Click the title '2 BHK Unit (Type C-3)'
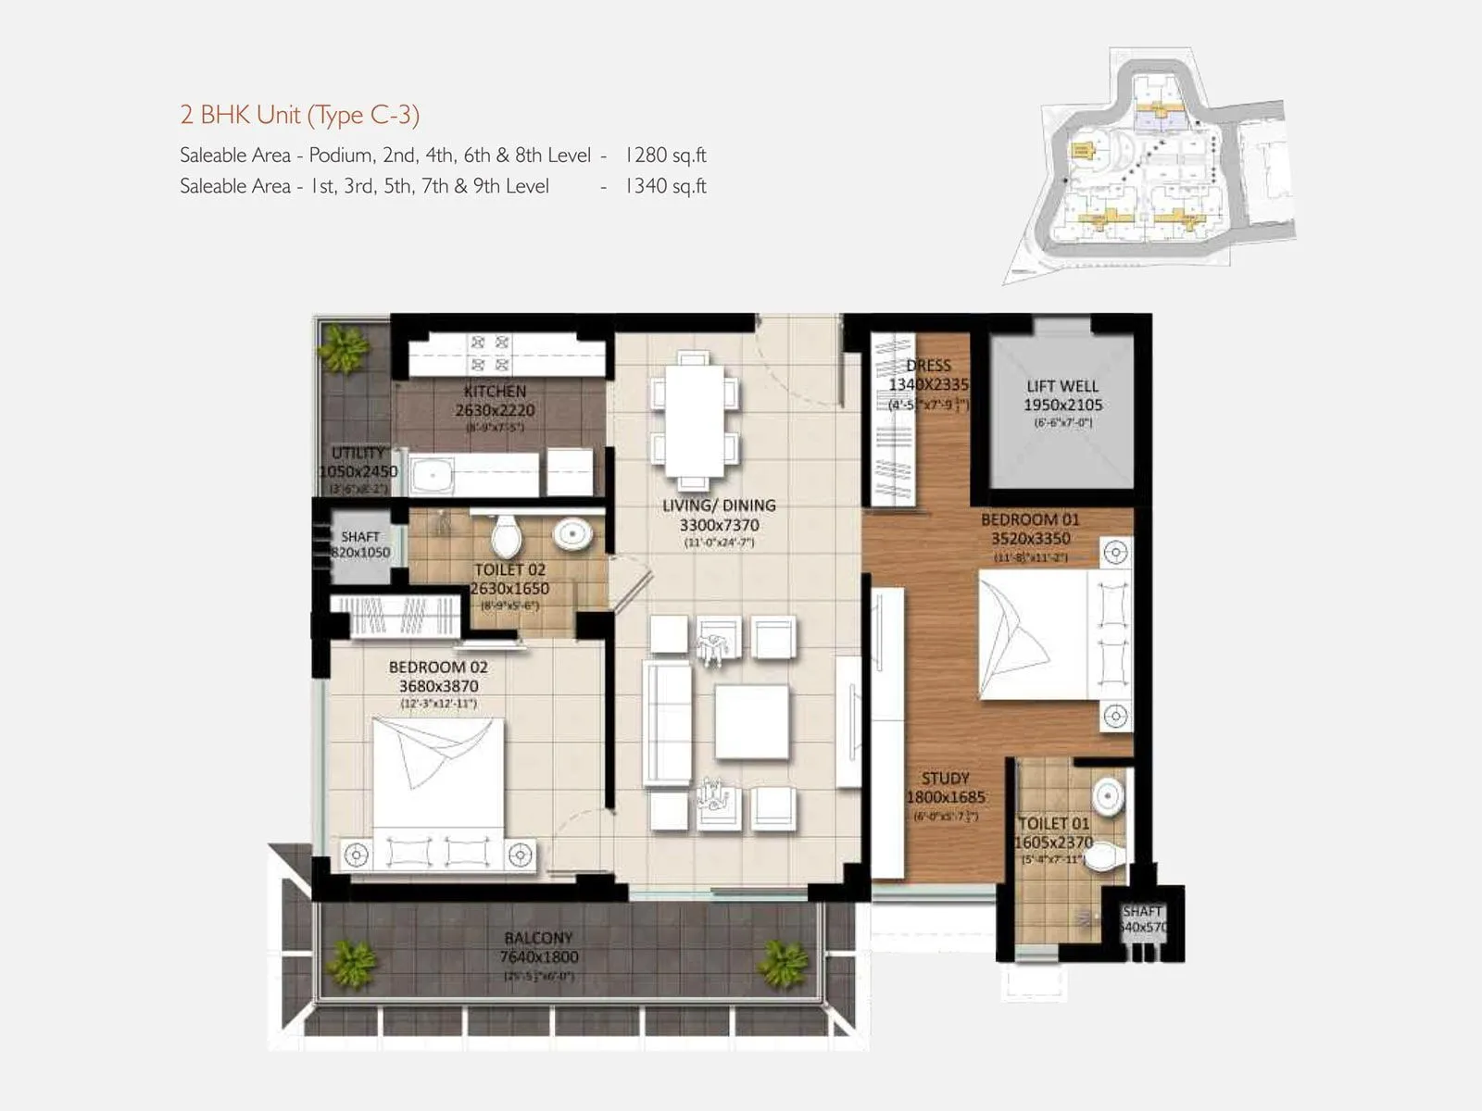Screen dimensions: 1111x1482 (x=299, y=115)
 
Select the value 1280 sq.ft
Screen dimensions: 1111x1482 (x=665, y=155)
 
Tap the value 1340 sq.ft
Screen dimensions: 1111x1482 (x=665, y=186)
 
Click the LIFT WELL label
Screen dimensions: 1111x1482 (x=1061, y=386)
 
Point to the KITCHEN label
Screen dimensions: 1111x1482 (x=495, y=392)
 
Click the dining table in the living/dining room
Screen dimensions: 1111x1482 (x=694, y=420)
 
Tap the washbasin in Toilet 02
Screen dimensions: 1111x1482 (x=571, y=534)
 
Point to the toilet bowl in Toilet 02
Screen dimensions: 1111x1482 (x=506, y=536)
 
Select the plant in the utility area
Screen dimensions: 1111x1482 (x=344, y=350)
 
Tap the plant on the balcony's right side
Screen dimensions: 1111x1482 (x=784, y=963)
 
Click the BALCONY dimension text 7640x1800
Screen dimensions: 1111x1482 (x=538, y=957)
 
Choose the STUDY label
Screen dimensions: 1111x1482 (x=945, y=779)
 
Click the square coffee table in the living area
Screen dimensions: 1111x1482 (x=751, y=722)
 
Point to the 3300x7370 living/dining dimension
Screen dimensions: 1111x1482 (x=719, y=525)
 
